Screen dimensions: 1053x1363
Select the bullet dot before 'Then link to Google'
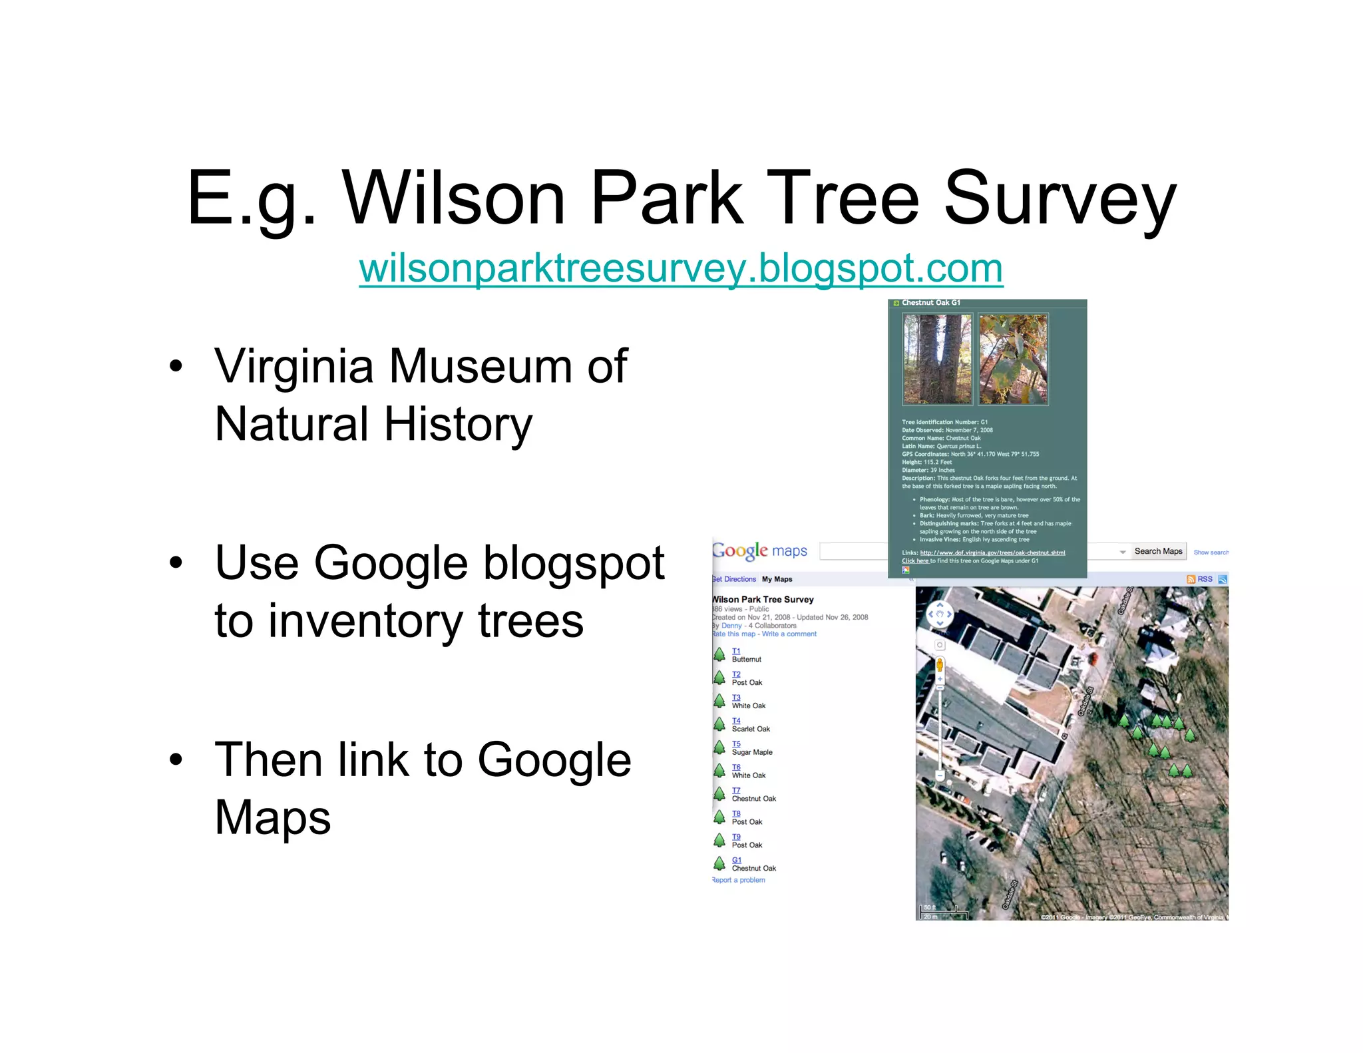[176, 759]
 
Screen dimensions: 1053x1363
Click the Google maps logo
[760, 550]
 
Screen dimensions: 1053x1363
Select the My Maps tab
[777, 579]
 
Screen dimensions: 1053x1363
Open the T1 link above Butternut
[736, 651]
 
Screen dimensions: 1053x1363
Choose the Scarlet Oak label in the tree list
[751, 729]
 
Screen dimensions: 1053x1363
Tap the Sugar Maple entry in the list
[752, 752]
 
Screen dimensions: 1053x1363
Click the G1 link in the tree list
[736, 860]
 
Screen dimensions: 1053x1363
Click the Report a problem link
[739, 880]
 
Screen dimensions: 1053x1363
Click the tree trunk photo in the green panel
[936, 359]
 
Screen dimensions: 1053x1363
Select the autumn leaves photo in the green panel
[1013, 359]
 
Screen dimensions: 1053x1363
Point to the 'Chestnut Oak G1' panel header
[930, 303]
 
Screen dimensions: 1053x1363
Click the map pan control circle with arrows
[940, 614]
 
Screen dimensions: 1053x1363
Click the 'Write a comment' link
[789, 634]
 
